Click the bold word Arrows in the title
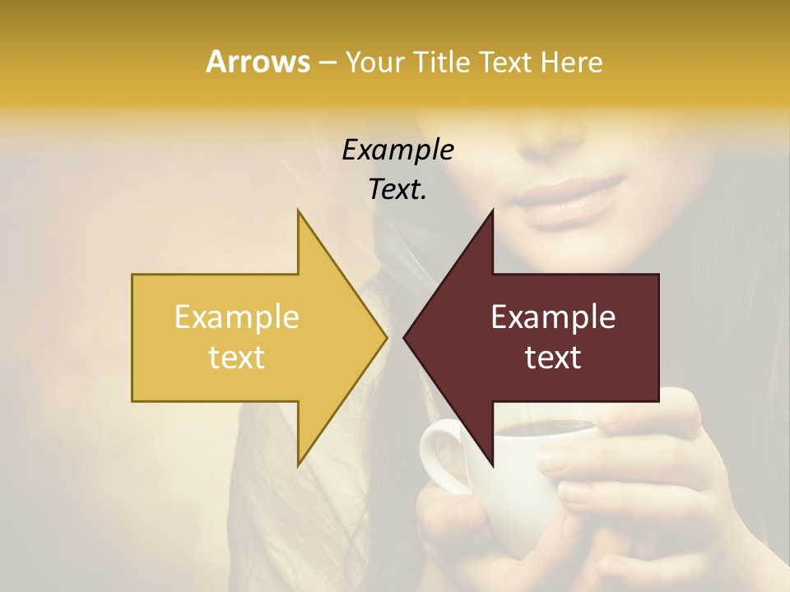(x=258, y=62)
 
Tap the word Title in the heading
(x=440, y=62)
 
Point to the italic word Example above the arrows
(x=397, y=150)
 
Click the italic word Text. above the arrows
(x=397, y=189)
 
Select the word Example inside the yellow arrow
(x=236, y=317)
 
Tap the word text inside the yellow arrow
(x=236, y=357)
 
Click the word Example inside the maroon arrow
(x=553, y=317)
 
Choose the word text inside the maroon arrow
(x=553, y=357)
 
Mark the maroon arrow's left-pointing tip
(x=406, y=337)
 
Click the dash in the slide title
(x=327, y=62)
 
